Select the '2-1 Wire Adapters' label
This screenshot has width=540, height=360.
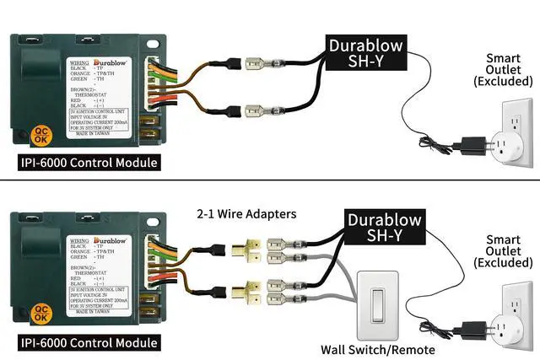point(247,214)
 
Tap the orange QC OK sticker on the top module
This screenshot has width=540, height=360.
point(40,135)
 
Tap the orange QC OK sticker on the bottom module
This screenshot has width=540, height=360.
point(40,315)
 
